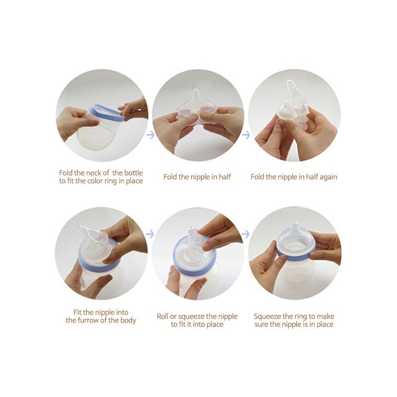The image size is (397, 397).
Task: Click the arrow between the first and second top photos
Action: (150, 134)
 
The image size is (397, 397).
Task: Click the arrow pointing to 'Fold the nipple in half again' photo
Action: (246, 134)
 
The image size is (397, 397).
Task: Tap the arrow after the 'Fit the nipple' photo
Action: (150, 234)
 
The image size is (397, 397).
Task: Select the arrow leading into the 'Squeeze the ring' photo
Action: (246, 234)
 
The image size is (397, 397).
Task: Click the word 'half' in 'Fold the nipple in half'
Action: (225, 177)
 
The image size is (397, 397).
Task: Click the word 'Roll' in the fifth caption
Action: (163, 316)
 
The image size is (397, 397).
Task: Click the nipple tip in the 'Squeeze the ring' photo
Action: (294, 224)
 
